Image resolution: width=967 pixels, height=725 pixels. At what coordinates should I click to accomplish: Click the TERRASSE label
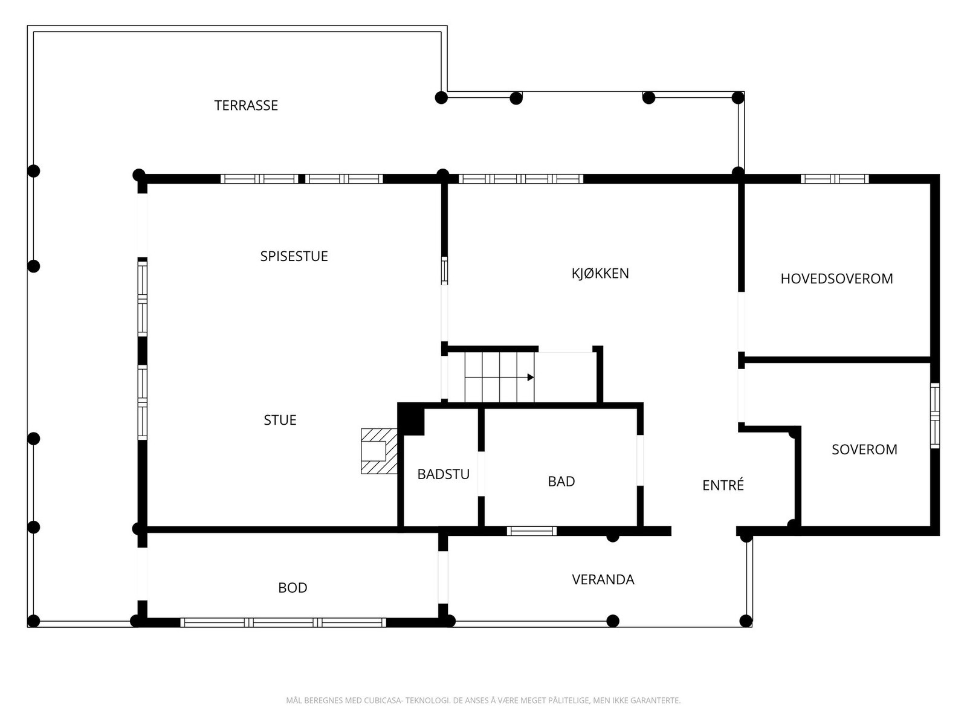246,105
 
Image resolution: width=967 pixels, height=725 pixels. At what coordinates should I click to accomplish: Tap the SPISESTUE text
294,256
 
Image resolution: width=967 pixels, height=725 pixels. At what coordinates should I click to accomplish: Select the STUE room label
280,420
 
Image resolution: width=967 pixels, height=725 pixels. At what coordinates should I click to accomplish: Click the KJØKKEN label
600,273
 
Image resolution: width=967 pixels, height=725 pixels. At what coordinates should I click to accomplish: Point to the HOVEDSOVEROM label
836,279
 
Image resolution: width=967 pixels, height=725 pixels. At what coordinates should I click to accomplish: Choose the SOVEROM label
864,449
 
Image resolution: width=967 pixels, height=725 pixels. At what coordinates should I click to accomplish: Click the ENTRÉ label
723,485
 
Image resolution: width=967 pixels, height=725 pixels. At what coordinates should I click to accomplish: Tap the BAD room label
561,482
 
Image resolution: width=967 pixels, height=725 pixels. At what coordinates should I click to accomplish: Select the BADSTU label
443,474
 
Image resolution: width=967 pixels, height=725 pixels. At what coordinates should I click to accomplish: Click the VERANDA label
603,580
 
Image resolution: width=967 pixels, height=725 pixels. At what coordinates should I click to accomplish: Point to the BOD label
293,588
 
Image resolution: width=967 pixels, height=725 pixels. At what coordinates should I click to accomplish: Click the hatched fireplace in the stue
378,451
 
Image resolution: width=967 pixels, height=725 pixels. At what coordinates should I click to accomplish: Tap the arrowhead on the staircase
530,377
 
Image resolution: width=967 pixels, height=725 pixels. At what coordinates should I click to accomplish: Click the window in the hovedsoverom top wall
834,179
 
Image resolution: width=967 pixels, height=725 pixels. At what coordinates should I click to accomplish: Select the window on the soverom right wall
934,416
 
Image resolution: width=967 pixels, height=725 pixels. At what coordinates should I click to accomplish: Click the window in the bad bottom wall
531,531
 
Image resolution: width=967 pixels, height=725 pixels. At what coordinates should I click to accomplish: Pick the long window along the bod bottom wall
283,622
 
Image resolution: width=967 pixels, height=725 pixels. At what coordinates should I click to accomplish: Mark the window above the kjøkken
520,179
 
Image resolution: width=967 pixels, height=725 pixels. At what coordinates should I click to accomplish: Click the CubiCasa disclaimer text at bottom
483,701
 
